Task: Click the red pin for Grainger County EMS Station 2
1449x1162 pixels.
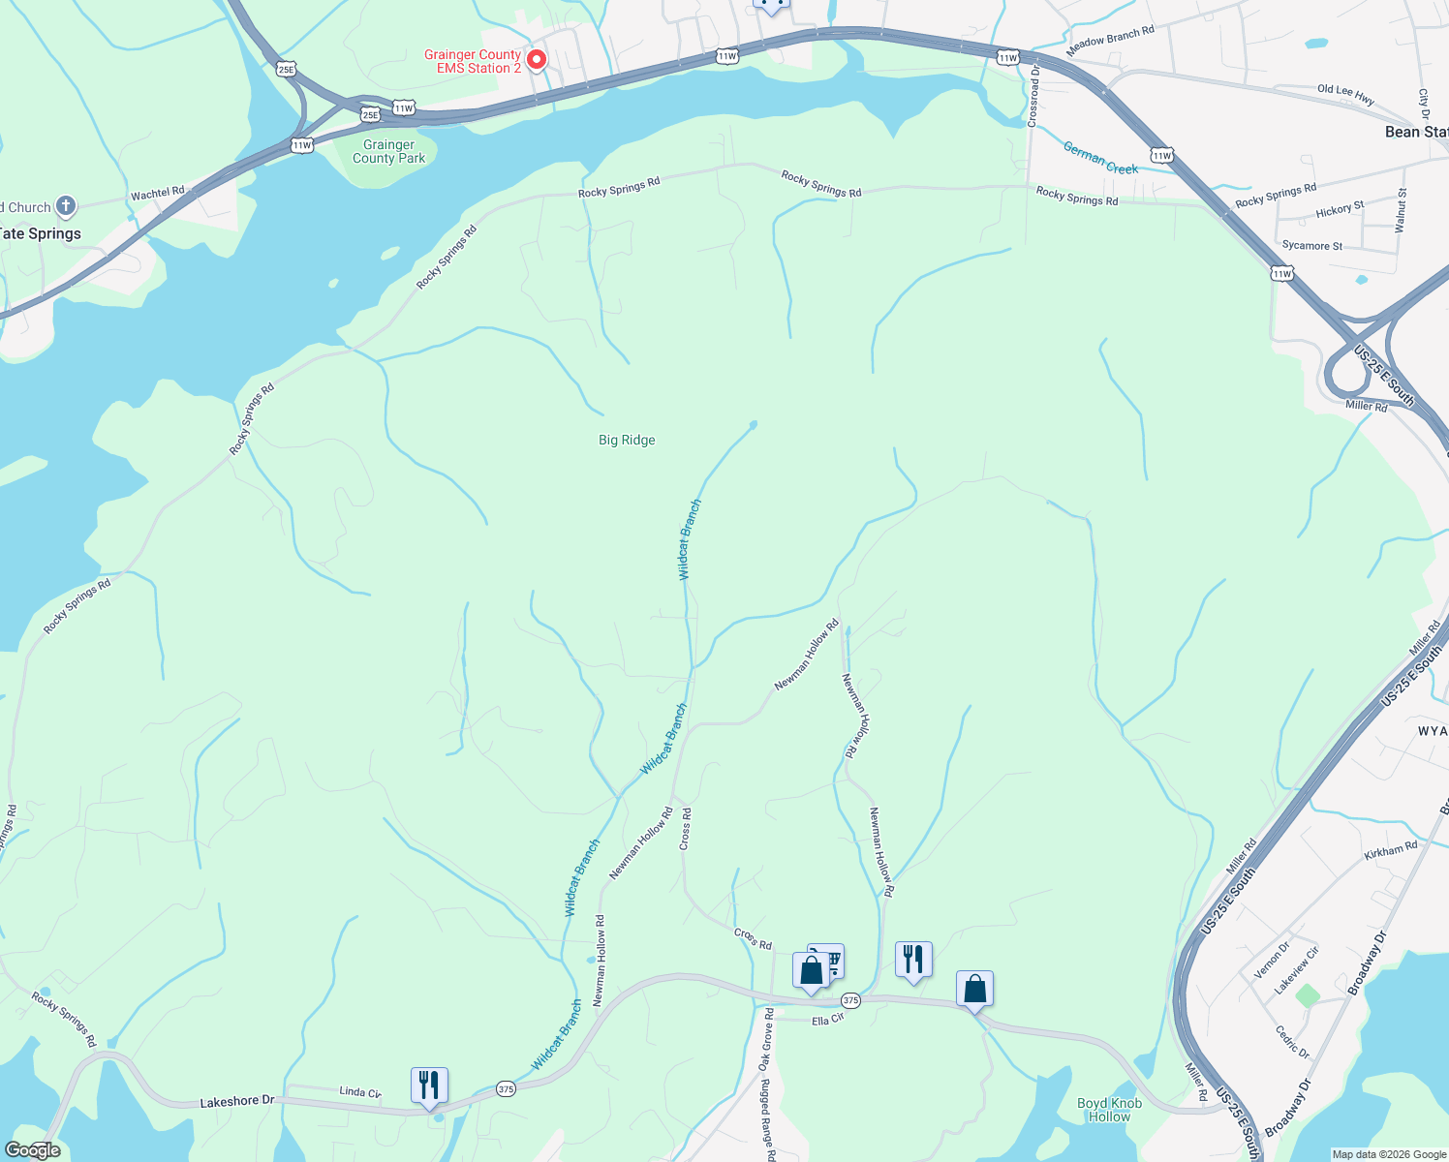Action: point(536,59)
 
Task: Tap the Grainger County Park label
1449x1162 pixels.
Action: point(388,151)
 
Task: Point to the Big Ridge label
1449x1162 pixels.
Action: point(627,440)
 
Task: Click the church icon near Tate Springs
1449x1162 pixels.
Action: point(65,205)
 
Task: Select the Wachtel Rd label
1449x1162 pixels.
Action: point(157,194)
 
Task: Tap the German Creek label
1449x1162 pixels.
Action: point(1100,158)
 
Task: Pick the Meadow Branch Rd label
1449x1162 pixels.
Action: point(1110,41)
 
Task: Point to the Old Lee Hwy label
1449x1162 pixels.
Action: point(1345,94)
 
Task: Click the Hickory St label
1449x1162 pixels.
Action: point(1340,210)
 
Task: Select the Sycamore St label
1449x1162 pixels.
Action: point(1311,245)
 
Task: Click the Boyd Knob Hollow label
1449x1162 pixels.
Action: point(1109,1110)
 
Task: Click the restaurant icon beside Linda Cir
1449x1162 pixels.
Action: point(429,1086)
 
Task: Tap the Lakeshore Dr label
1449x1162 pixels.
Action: point(237,1102)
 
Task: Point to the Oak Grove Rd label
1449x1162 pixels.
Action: point(767,1039)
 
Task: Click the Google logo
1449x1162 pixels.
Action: point(33,1149)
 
